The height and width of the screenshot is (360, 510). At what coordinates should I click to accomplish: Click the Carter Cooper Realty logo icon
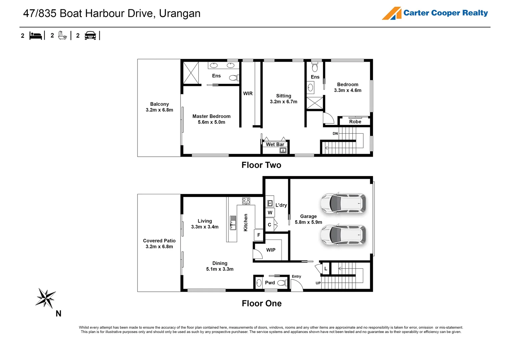click(392, 13)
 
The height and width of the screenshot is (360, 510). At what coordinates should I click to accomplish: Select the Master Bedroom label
click(211, 116)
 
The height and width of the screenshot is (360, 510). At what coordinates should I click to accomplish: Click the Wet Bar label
click(275, 144)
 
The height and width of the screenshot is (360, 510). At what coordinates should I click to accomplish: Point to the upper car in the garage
click(343, 203)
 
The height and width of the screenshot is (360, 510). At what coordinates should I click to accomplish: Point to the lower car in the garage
click(343, 235)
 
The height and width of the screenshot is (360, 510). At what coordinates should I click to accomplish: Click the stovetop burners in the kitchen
click(246, 201)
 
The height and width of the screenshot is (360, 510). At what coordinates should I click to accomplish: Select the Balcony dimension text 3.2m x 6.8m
click(159, 110)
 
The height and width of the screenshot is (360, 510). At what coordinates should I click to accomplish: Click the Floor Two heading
click(261, 165)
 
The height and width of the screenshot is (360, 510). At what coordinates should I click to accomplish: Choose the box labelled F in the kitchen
click(259, 235)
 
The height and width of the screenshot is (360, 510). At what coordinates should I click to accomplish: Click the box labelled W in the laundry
click(270, 213)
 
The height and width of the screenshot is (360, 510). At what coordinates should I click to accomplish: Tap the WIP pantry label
click(271, 250)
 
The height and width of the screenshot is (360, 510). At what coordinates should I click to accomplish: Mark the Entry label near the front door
click(296, 276)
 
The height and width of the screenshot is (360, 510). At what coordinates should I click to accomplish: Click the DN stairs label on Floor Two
click(335, 134)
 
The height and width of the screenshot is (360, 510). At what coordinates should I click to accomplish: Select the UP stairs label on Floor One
click(318, 283)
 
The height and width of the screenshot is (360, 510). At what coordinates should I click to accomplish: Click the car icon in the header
click(90, 35)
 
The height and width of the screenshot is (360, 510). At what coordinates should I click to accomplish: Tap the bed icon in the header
click(36, 35)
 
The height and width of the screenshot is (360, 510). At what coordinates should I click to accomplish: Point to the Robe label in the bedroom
click(355, 122)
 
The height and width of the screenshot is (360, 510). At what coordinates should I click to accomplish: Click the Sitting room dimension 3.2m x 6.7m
click(284, 102)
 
